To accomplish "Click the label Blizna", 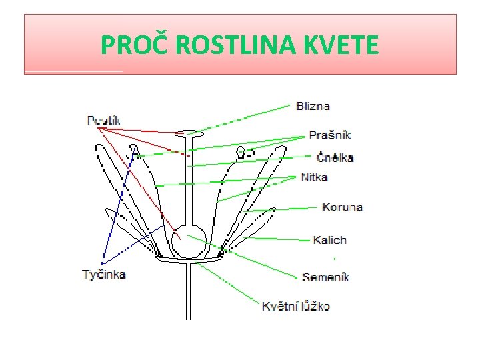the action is [313, 106].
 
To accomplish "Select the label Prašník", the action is [329, 135].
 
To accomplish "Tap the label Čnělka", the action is [335, 158].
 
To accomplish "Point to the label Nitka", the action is [314, 177].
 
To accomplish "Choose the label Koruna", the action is [342, 207].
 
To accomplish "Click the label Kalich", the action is [330, 240].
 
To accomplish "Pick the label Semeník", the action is [326, 277].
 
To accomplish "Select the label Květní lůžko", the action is [295, 307].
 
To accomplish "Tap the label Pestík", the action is [103, 120].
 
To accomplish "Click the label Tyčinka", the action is [103, 274].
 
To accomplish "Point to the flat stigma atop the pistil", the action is [189, 133].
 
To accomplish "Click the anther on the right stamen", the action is [245, 153].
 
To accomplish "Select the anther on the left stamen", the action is [133, 149].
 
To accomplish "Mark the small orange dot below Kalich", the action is [333, 257].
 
